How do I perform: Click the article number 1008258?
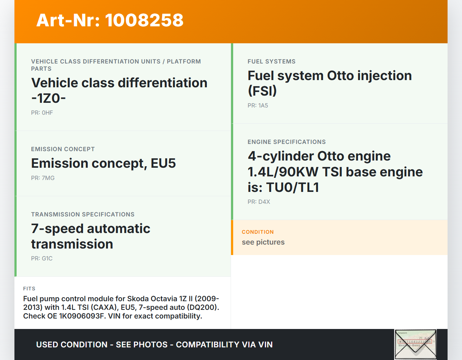[144, 21]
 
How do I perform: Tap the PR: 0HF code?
[42, 113]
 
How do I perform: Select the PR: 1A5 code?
[258, 105]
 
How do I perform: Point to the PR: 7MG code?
[43, 178]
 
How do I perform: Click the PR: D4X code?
[259, 202]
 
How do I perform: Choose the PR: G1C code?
[42, 258]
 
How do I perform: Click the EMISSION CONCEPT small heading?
[63, 149]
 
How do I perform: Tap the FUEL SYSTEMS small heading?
[271, 61]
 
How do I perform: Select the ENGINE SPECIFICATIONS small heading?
[287, 142]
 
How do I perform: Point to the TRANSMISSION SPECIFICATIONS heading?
[83, 214]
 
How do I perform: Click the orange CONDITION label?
[258, 232]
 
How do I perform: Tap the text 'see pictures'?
[263, 242]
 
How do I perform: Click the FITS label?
[29, 289]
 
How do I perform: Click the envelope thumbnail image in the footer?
[415, 344]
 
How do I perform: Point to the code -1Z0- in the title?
[48, 98]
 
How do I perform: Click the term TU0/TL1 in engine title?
[293, 187]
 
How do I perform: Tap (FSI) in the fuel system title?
[262, 91]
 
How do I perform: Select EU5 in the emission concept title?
[163, 163]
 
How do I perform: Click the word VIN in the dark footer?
[265, 344]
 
